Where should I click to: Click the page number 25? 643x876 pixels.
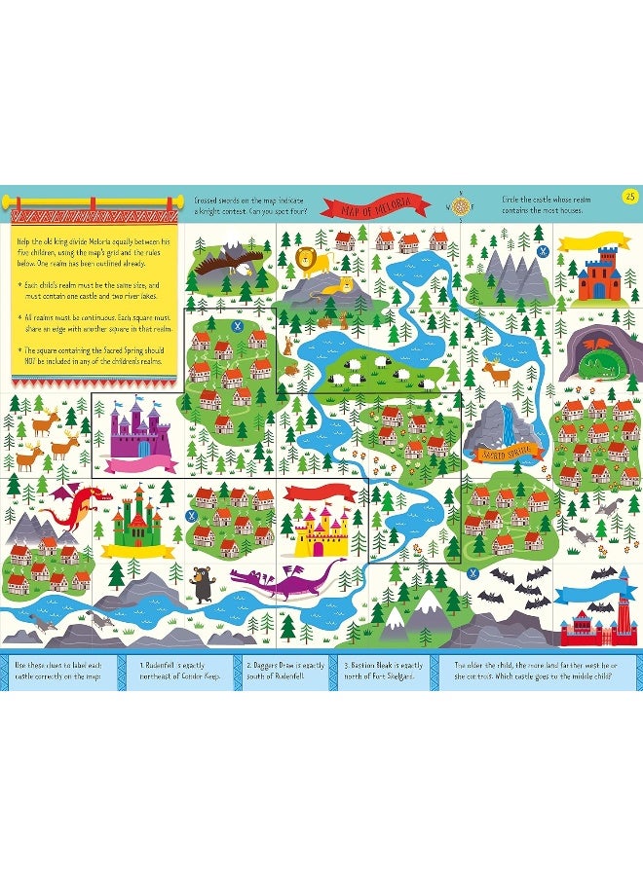(x=629, y=199)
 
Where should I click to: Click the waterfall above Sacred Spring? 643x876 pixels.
(x=505, y=420)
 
